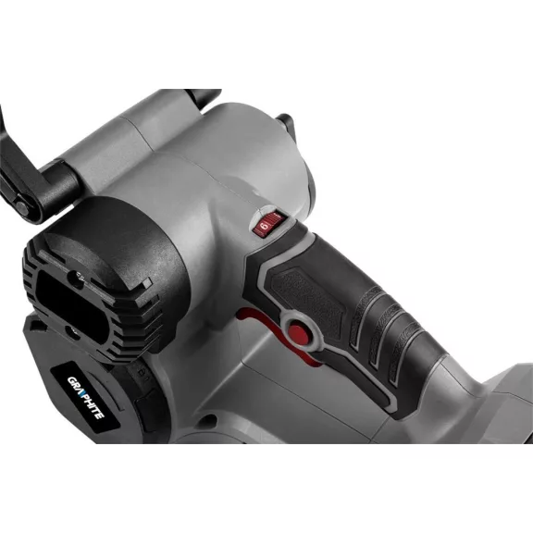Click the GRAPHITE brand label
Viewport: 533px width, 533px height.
click(x=84, y=396)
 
